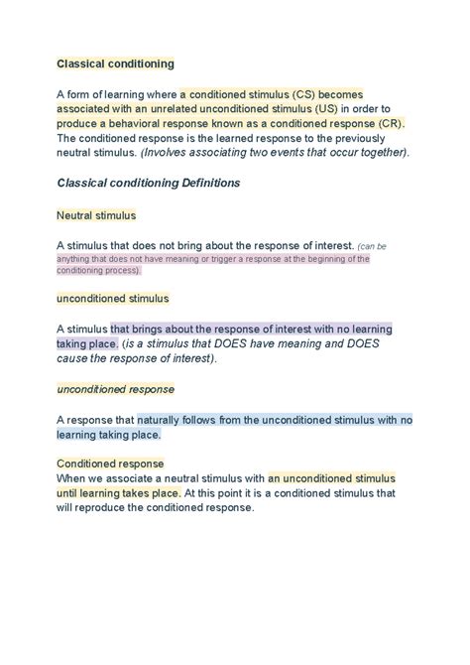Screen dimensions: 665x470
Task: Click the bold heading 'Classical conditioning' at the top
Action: click(x=115, y=64)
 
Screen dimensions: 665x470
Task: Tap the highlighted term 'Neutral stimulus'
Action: click(x=96, y=214)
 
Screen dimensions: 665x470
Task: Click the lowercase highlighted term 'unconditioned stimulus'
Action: click(x=112, y=298)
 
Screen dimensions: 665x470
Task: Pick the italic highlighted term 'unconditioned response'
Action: click(x=115, y=389)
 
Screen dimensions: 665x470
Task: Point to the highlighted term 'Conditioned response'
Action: click(x=110, y=464)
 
